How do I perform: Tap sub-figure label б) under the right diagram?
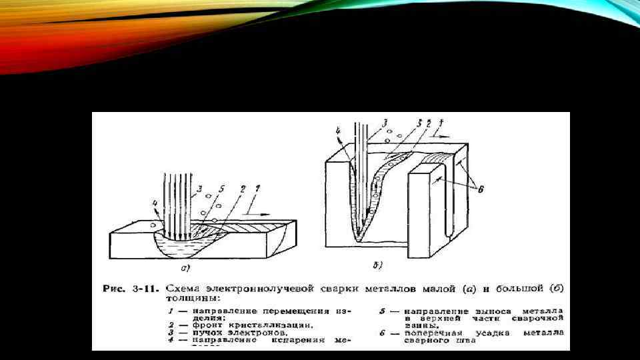377,266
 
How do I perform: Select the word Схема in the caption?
181,289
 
